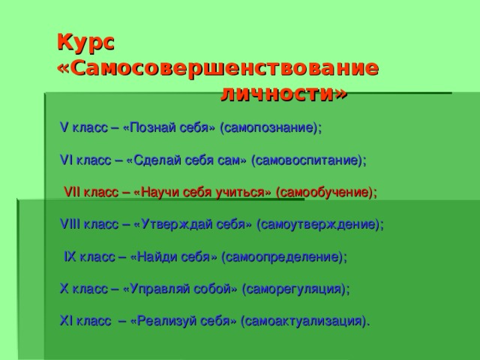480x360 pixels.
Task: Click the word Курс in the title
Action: tap(85, 43)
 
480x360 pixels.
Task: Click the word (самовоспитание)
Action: tap(309, 160)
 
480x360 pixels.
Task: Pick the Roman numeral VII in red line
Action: tap(73, 192)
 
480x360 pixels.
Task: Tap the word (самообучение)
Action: tap(326, 192)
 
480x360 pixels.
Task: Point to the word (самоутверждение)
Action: tap(320, 223)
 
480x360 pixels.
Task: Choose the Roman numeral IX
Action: tap(70, 256)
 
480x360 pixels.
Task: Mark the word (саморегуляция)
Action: tap(296, 288)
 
